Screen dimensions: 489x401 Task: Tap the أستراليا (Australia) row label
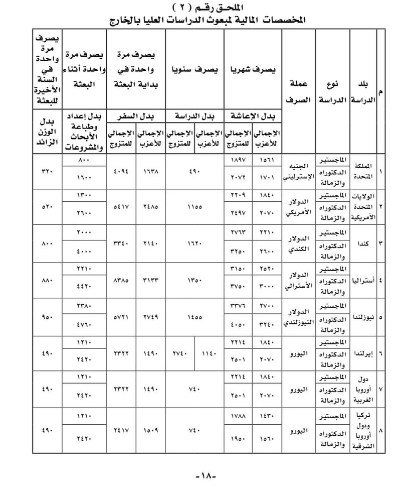tap(363, 280)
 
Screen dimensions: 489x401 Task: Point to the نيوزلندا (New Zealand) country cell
tap(363, 317)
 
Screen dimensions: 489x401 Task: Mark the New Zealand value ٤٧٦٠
tap(83, 326)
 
